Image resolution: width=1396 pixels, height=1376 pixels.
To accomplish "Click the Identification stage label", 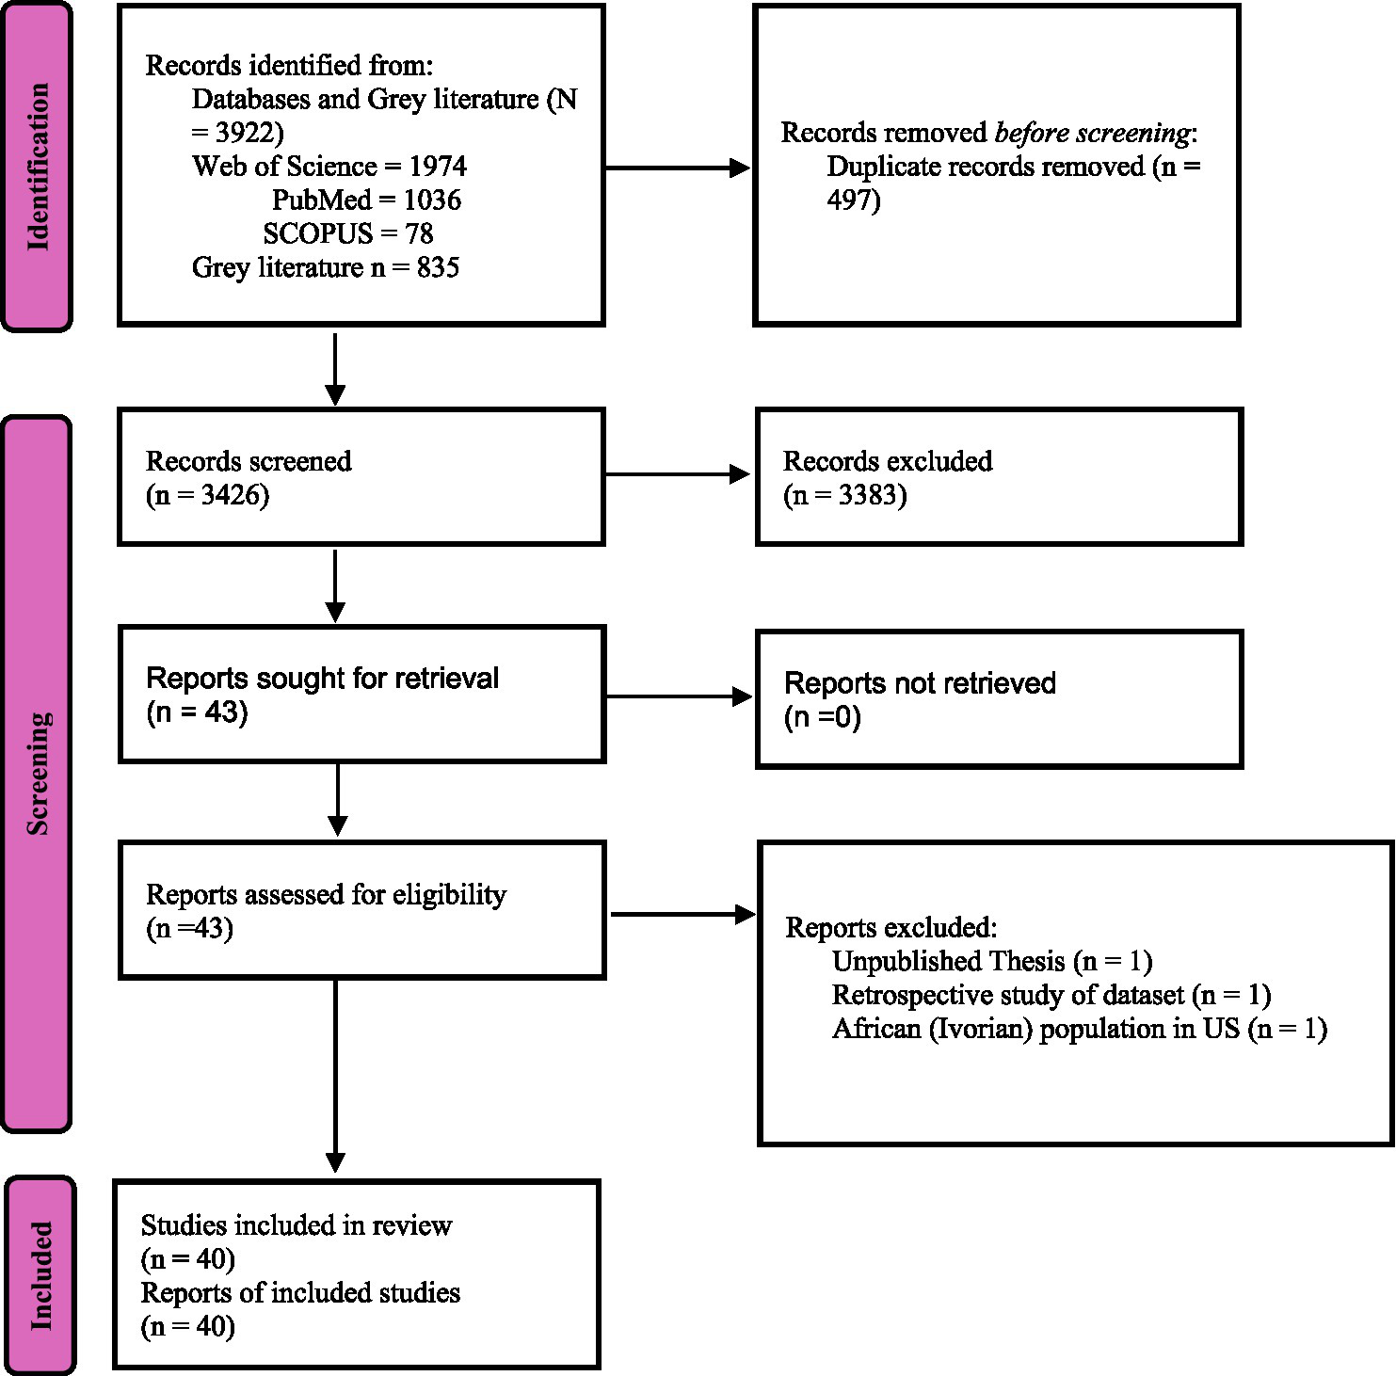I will click(x=38, y=167).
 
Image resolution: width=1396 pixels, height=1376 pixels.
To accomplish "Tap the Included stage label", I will click(x=40, y=1275).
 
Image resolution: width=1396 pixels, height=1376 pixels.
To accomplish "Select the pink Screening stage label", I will click(x=38, y=774).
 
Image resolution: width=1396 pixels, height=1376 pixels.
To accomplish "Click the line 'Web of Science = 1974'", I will click(x=329, y=167).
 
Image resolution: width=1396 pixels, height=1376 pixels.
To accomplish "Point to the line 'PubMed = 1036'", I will click(x=366, y=200).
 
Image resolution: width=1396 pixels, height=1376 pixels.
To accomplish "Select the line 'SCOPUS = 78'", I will click(x=347, y=233).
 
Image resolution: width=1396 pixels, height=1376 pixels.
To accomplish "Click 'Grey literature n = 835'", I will click(x=325, y=267).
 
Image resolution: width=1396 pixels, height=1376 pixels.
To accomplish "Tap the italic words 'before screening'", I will click(x=1092, y=134).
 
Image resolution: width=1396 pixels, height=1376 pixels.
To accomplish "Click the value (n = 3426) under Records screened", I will click(x=208, y=495).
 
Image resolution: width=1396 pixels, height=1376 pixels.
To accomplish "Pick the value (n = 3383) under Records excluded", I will click(x=844, y=495).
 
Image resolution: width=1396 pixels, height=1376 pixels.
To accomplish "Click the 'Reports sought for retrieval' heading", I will click(x=322, y=679).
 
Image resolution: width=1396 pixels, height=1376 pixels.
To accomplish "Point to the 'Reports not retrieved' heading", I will click(x=920, y=683).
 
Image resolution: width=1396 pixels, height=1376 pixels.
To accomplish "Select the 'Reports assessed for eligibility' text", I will click(x=326, y=894).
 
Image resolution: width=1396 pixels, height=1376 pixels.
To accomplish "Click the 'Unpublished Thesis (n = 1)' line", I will click(x=992, y=961).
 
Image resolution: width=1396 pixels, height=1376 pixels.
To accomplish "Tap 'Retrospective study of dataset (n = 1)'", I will click(x=1051, y=995).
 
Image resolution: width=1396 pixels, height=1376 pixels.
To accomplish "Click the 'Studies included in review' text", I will click(x=297, y=1225).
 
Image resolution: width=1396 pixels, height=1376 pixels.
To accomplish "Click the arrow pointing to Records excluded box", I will click(x=678, y=475).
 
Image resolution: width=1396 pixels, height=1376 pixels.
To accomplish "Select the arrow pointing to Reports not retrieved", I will click(x=678, y=697).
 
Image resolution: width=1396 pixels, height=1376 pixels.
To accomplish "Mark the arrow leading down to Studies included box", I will click(x=335, y=1073).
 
